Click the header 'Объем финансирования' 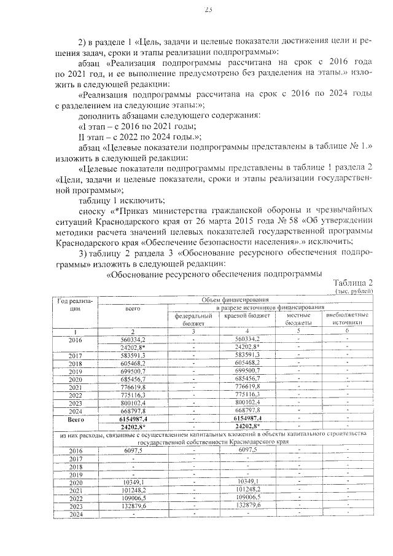236,299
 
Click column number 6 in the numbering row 347,331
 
